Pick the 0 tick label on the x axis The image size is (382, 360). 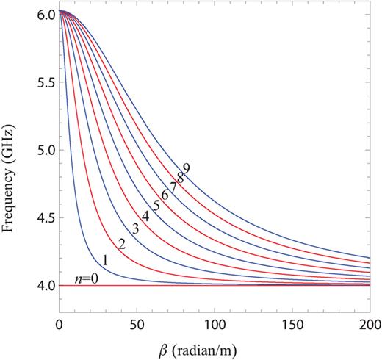tap(59, 324)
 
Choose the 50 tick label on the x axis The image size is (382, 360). tap(136, 324)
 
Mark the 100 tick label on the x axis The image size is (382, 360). tap(214, 324)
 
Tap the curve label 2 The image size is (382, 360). tap(122, 243)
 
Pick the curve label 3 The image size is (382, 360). tap(135, 228)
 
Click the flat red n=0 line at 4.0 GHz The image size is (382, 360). tap(220, 285)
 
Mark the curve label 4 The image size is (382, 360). tap(146, 216)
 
